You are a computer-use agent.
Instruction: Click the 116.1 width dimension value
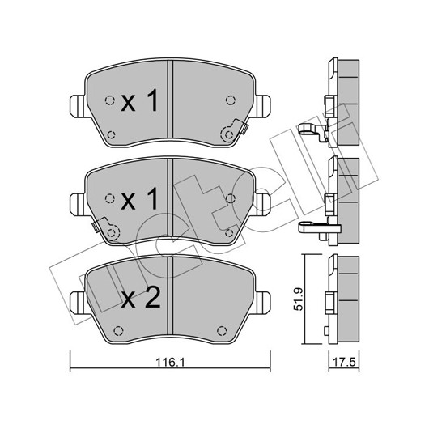pos(170,363)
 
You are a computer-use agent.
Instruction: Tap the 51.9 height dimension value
pos(298,299)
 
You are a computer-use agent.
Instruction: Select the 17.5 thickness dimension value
pos(344,363)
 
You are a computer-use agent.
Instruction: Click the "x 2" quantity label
pos(141,298)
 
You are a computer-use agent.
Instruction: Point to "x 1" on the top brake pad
pos(139,101)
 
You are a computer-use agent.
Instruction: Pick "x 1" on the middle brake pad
pos(139,199)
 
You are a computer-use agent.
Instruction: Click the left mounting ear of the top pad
pos(79,106)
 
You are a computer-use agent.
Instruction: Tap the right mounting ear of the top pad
pos(262,106)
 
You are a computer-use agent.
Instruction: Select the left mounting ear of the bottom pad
pos(79,304)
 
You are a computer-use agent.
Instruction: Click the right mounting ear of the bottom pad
pos(262,304)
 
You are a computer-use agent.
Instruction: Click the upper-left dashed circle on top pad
pos(110,100)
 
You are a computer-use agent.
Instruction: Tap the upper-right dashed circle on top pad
pos(231,100)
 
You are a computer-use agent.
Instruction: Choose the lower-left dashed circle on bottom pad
pos(118,331)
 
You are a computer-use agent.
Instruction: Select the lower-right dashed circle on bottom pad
pos(222,331)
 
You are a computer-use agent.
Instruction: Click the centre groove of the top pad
pos(170,99)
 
